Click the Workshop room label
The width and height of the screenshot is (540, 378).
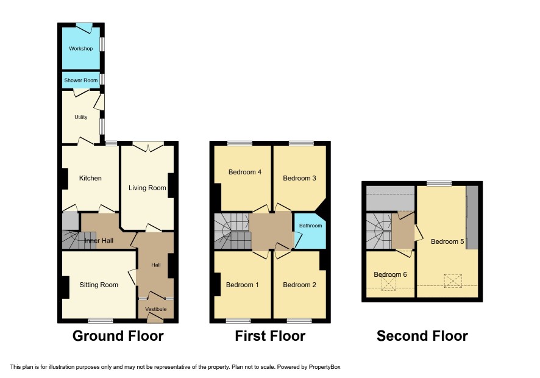point(80,48)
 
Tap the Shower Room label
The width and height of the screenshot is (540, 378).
point(81,80)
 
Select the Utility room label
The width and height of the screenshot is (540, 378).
point(80,117)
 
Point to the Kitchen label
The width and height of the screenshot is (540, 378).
point(90,178)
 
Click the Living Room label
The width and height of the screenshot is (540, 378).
point(147,188)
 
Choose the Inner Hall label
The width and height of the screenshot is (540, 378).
point(98,241)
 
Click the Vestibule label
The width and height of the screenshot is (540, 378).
point(155,310)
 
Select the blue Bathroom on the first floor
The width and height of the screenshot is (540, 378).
point(310,226)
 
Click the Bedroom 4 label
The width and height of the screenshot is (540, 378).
point(245,172)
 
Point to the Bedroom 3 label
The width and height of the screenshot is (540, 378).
point(299,178)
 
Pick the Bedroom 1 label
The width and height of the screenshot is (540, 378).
point(243,285)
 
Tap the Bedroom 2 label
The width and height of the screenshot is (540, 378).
point(299,285)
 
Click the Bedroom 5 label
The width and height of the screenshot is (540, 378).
point(447,241)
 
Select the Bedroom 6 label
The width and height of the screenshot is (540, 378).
point(390,274)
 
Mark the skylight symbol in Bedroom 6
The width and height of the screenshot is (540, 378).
point(388,285)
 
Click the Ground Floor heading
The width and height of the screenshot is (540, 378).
point(118,336)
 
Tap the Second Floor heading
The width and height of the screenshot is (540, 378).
point(422,336)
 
